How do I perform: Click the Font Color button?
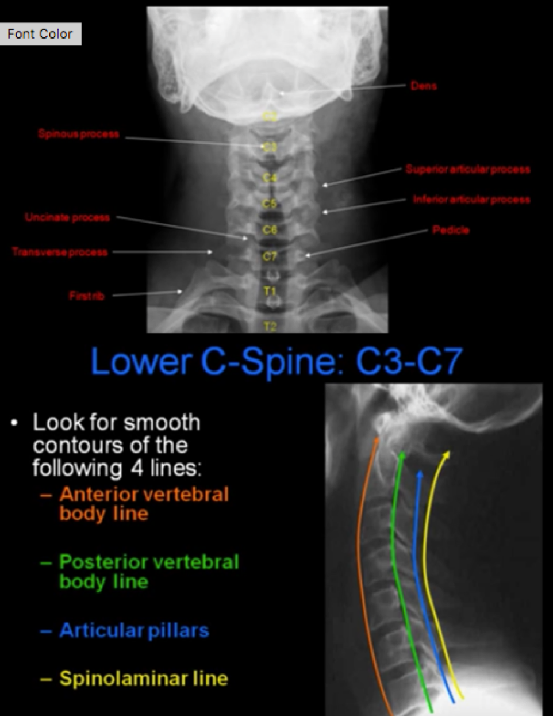(40, 34)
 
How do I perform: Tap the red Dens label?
(424, 86)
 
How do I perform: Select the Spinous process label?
(79, 134)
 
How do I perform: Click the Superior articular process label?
(467, 169)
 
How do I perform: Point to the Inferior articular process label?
(471, 200)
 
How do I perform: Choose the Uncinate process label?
(67, 217)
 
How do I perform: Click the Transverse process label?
(60, 252)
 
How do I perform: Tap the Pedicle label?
(451, 230)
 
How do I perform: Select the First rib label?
(87, 296)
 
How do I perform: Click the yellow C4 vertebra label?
(269, 178)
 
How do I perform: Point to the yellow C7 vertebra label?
(270, 256)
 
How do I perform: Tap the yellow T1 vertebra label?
(270, 292)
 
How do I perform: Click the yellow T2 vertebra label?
(270, 327)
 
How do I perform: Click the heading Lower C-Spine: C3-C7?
(276, 361)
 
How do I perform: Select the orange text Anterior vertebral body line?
(144, 503)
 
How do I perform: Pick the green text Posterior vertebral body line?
(148, 571)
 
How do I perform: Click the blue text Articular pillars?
(133, 630)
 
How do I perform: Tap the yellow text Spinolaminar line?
(143, 678)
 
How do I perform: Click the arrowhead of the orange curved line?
(378, 440)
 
